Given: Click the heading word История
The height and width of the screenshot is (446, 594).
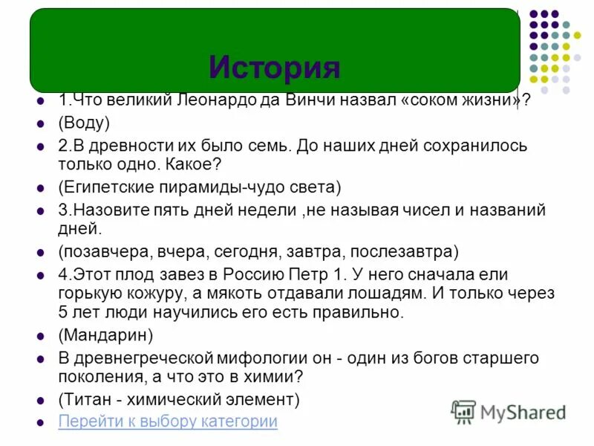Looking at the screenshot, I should pos(274,68).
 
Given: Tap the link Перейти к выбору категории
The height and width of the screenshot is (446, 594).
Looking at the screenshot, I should pos(168,421).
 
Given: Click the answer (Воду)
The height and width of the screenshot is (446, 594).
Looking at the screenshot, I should pos(84,123).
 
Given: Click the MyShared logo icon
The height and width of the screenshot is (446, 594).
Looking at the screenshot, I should pos(463,412).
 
